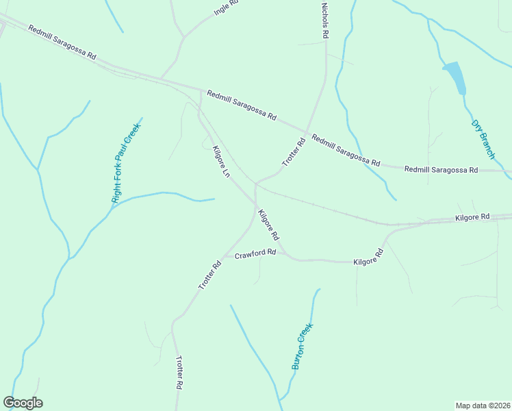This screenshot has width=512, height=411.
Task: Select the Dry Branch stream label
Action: (483, 140)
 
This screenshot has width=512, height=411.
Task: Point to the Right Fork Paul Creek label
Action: (127, 163)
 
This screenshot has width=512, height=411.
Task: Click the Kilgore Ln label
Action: (220, 162)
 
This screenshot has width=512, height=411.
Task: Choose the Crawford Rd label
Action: (255, 253)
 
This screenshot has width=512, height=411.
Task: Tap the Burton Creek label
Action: (302, 346)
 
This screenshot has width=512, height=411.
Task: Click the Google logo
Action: (23, 403)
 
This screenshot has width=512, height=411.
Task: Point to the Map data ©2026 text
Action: (483, 405)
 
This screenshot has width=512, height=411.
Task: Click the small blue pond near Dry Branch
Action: (456, 77)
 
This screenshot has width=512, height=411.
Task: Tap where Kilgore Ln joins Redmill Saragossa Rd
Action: (200, 90)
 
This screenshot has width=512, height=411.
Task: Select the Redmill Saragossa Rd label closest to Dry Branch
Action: (441, 169)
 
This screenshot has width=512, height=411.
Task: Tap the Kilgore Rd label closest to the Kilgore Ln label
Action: (268, 224)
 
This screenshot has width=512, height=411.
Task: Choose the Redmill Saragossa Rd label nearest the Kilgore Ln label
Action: (242, 106)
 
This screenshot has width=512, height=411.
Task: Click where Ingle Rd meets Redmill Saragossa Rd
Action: (162, 77)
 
